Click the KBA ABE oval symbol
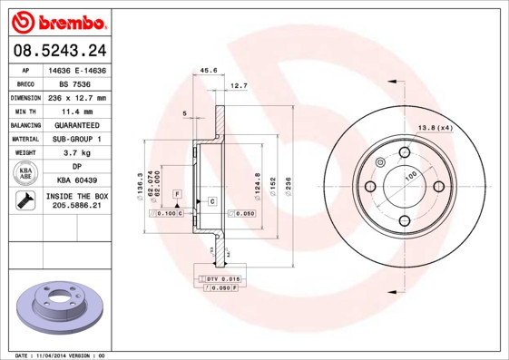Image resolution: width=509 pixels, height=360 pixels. pyautogui.click(x=25, y=172)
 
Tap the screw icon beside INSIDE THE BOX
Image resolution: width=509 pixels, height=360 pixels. pyautogui.click(x=25, y=200)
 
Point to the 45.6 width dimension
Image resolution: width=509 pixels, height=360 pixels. pyautogui.click(x=208, y=69)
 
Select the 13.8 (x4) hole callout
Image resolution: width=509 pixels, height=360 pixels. pyautogui.click(x=435, y=127)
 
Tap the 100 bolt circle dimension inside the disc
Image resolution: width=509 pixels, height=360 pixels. pyautogui.click(x=410, y=175)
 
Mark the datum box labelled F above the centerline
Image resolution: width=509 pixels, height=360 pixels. pyautogui.click(x=178, y=194)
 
